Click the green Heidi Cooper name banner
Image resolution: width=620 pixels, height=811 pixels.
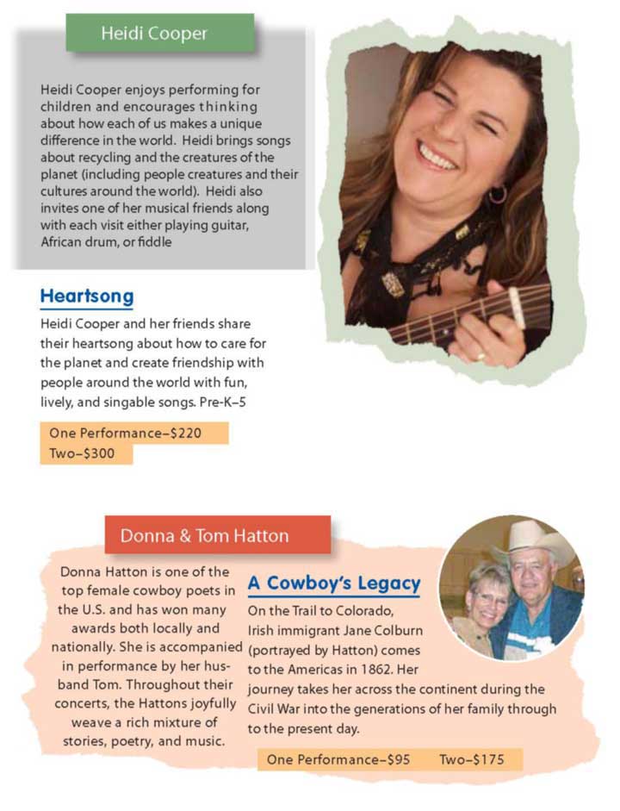160,34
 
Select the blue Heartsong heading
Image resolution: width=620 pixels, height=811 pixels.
86,297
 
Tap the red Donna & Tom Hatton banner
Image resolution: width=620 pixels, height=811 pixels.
217,535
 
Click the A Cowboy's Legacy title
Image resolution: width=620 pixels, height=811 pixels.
334,583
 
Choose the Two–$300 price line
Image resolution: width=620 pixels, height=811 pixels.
88,453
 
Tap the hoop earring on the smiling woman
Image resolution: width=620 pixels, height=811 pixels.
498,195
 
